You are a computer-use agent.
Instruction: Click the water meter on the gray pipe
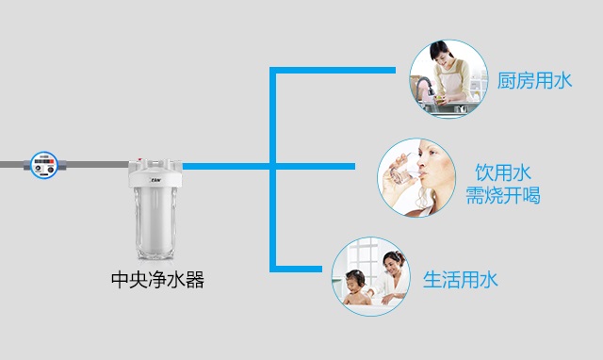tap(44, 165)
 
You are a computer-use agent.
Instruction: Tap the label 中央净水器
tap(157, 280)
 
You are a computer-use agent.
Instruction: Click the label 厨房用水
tap(534, 81)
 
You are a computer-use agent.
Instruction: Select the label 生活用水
tap(461, 280)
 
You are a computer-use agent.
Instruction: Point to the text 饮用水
tap(503, 172)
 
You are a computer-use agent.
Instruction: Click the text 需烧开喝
tap(503, 195)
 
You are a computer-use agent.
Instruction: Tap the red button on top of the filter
tap(141, 159)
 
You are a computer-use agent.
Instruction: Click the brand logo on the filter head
tap(155, 179)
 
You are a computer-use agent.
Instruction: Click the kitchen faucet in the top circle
tap(424, 87)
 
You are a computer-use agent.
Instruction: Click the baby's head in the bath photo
tap(355, 280)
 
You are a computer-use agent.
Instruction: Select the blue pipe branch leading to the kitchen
tap(333, 70)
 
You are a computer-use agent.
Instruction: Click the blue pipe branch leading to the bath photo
tap(296, 269)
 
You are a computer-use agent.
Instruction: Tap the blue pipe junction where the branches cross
tap(273, 166)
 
